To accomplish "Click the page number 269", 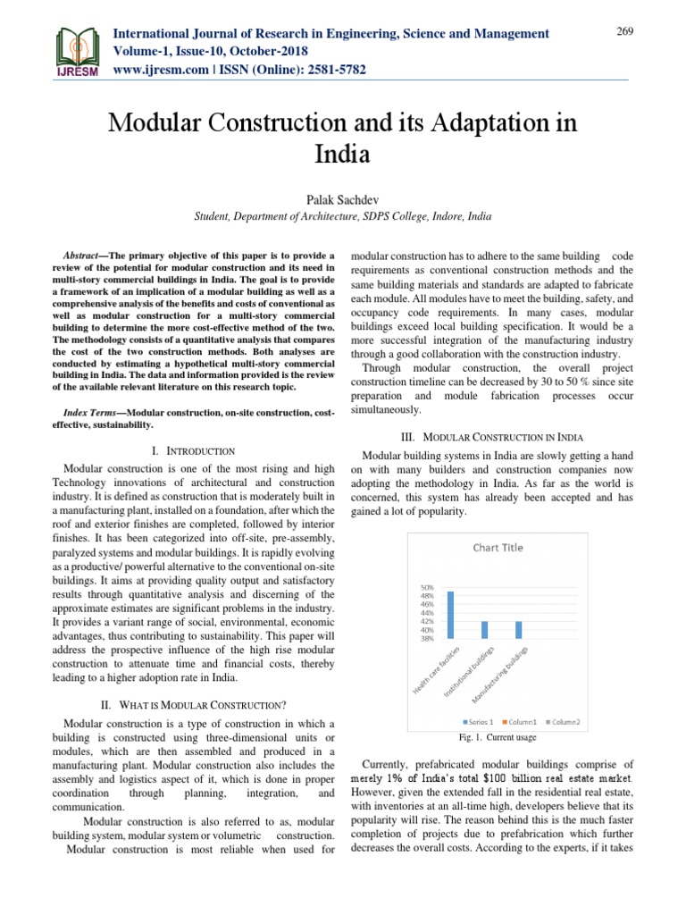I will click(x=624, y=32).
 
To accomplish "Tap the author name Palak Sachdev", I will click(x=343, y=196).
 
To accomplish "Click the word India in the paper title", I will click(x=343, y=154).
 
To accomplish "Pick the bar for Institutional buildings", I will click(x=485, y=630).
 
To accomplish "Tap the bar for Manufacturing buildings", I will click(x=518, y=630).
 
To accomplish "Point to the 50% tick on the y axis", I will click(x=427, y=587).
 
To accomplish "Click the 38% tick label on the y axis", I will click(x=427, y=638).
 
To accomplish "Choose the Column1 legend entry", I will click(x=523, y=721).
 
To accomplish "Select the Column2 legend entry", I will click(x=565, y=721).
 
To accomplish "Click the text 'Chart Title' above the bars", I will click(x=498, y=548).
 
